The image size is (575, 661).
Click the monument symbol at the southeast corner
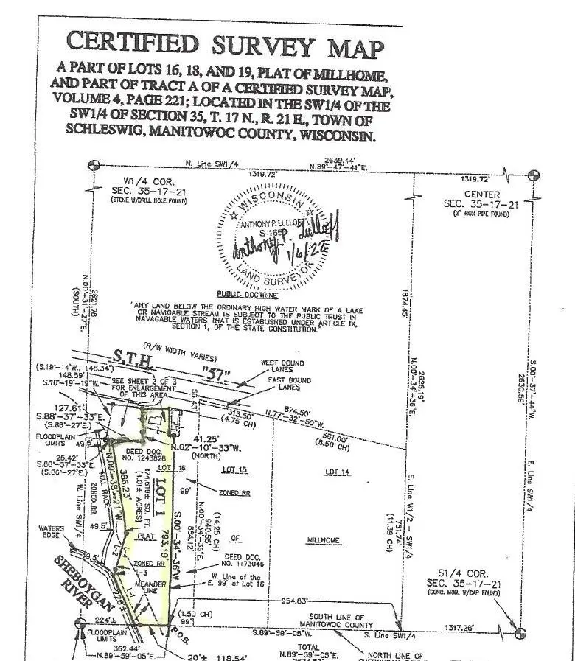[520, 632]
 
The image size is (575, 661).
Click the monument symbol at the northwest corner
[93, 167]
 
